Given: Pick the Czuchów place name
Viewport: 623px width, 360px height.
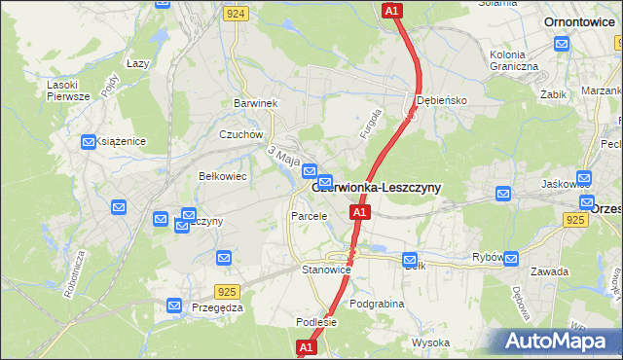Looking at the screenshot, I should click(241, 135).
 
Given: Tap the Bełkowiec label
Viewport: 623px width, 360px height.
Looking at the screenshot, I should click(221, 176).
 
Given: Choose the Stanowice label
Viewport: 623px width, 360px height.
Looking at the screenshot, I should click(325, 269).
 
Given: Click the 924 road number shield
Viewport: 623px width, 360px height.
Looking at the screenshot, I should click(235, 15).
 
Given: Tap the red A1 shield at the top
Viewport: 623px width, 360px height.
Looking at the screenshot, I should click(391, 11).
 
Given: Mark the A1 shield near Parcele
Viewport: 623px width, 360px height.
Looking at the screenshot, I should click(359, 211).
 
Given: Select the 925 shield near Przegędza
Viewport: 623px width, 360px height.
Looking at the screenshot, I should click(228, 290).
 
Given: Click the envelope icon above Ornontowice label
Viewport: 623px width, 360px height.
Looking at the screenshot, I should click(562, 43).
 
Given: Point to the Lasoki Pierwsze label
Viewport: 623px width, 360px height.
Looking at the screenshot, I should click(68, 90).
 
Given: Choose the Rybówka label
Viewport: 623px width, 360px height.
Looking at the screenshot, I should click(486, 257).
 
